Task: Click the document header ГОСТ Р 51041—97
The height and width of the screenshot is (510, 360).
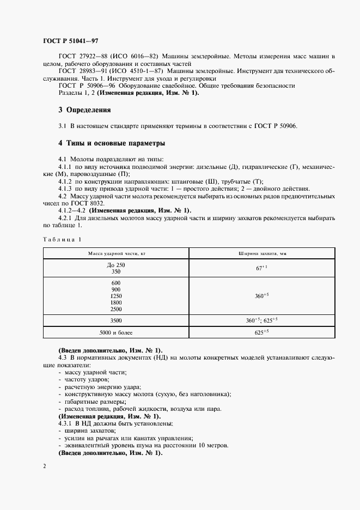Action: click(x=70, y=41)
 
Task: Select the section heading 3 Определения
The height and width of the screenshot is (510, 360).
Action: click(x=84, y=110)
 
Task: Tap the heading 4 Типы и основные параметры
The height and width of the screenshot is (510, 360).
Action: click(x=111, y=143)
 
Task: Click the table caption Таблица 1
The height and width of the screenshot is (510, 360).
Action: click(x=62, y=239)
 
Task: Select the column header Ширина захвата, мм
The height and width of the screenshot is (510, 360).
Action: click(x=262, y=253)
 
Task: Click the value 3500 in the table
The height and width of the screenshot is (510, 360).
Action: click(x=115, y=320)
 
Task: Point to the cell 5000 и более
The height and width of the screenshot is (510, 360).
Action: click(x=115, y=332)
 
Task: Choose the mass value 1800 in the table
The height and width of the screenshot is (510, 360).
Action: click(x=115, y=302)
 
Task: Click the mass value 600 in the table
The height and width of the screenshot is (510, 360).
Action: click(x=115, y=283)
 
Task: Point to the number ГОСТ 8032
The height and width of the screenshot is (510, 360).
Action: click(x=74, y=203)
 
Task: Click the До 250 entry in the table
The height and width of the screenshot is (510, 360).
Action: click(x=115, y=264)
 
